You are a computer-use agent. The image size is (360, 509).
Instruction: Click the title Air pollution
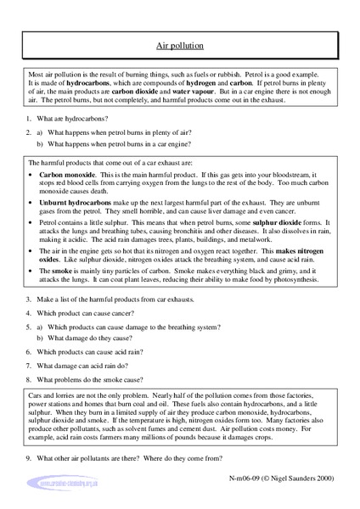(179, 50)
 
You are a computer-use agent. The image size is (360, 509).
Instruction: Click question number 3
(31, 347)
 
